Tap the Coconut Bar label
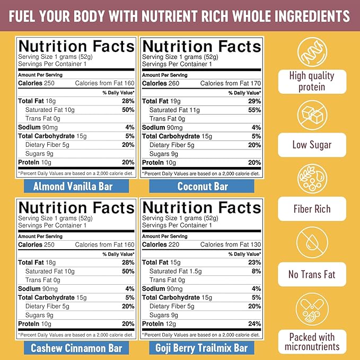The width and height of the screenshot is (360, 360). [x=203, y=186]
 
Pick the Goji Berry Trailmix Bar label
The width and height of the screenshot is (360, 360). [x=203, y=348]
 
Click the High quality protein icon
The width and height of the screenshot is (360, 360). [x=312, y=51]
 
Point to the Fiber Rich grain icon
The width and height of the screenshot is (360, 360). [x=312, y=179]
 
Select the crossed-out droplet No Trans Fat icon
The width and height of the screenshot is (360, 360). [x=312, y=243]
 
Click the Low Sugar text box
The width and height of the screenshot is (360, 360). [x=312, y=145]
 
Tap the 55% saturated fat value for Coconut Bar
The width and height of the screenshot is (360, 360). [x=254, y=110]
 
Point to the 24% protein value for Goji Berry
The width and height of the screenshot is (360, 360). [x=254, y=324]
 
